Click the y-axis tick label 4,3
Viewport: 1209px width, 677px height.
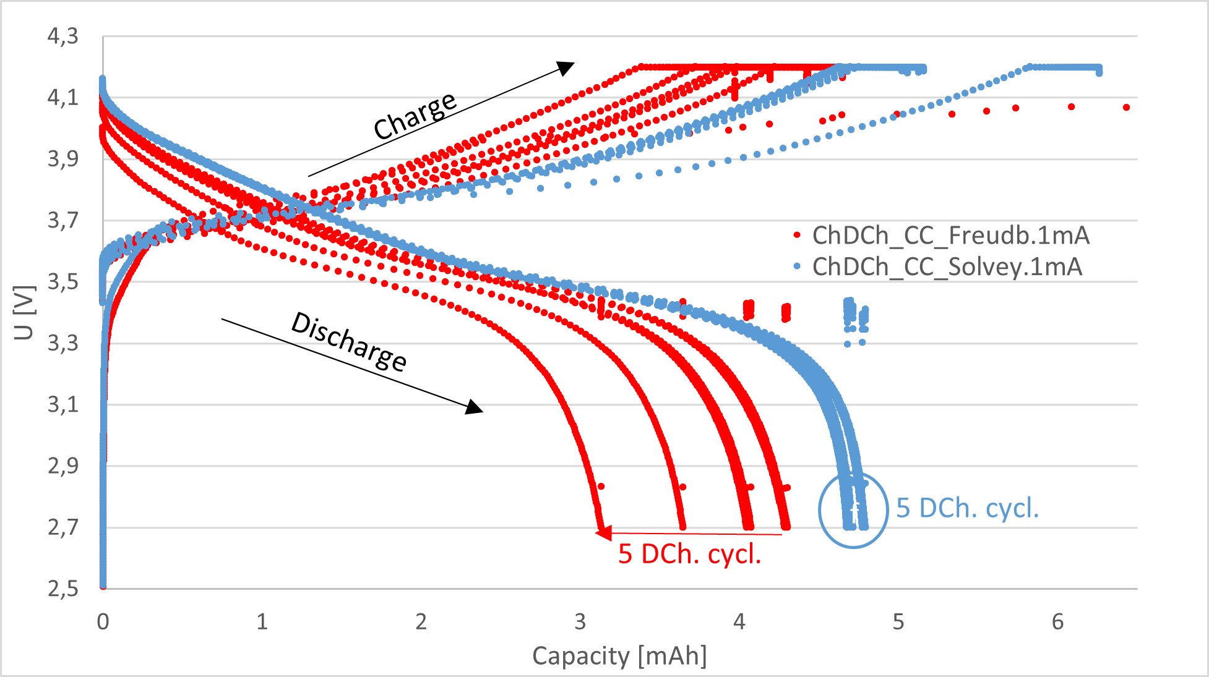pyautogui.click(x=63, y=36)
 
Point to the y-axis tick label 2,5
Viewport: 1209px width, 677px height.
pyautogui.click(x=63, y=589)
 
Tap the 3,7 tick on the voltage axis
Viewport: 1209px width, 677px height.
pyautogui.click(x=63, y=220)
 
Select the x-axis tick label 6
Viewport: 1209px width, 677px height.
pyautogui.click(x=1057, y=621)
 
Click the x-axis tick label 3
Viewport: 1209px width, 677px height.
pyautogui.click(x=580, y=621)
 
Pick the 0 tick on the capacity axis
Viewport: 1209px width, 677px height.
pyautogui.click(x=103, y=621)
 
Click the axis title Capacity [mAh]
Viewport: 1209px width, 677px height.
pyautogui.click(x=619, y=656)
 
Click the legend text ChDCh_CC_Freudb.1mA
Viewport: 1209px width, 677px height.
pyautogui.click(x=950, y=236)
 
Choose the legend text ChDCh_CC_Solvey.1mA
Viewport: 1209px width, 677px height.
pyautogui.click(x=947, y=267)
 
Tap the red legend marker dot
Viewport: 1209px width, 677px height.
pyautogui.click(x=797, y=236)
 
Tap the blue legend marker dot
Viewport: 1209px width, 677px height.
pyautogui.click(x=797, y=267)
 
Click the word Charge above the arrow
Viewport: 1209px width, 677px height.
pyautogui.click(x=415, y=116)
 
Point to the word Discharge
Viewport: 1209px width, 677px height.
pyautogui.click(x=349, y=342)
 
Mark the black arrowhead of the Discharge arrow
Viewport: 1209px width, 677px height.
pyautogui.click(x=475, y=407)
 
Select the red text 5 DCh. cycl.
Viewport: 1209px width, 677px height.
pyautogui.click(x=689, y=554)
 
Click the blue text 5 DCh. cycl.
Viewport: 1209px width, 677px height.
pyautogui.click(x=967, y=508)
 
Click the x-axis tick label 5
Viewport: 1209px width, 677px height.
pyautogui.click(x=898, y=621)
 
